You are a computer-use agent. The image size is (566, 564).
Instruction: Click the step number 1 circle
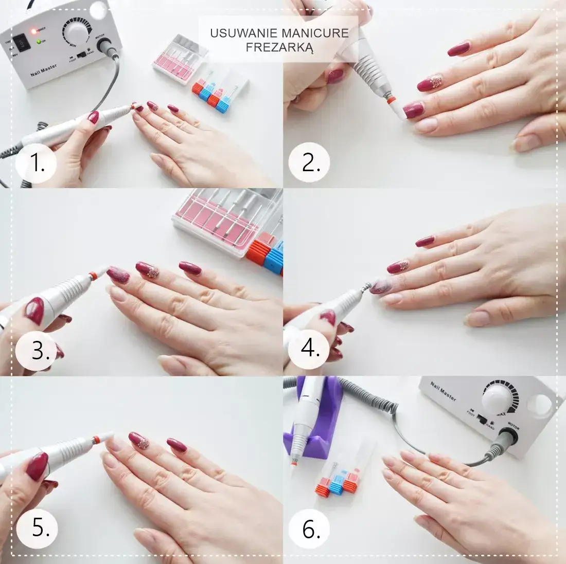(36, 164)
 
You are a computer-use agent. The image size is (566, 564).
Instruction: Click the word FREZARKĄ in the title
(279, 47)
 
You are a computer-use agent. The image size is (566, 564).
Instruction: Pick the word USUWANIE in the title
(243, 33)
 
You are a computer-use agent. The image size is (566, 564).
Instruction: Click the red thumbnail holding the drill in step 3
(34, 311)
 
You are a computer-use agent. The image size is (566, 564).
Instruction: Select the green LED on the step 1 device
(38, 41)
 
